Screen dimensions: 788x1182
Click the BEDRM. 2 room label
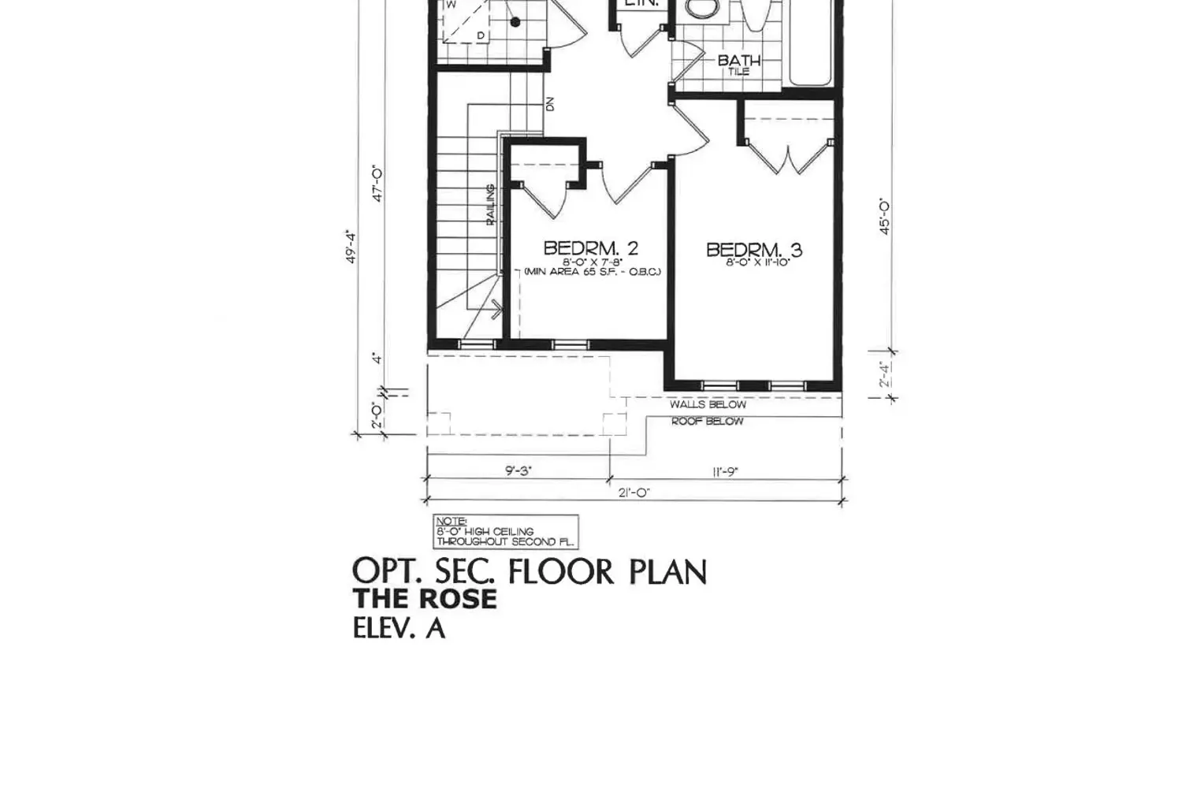pos(590,248)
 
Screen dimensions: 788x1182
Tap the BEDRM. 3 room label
pos(753,250)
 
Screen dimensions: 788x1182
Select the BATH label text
pos(738,61)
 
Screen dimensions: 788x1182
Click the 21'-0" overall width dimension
pos(634,493)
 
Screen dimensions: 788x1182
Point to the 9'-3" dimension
pos(518,471)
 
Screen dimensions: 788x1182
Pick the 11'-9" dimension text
pos(725,472)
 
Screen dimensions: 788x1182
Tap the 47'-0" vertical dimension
pos(377,184)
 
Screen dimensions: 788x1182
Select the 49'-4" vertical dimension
pos(352,246)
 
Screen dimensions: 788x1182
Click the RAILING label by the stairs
pos(490,205)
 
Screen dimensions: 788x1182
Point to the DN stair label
pos(550,103)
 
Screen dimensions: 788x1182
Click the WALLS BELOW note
pos(708,404)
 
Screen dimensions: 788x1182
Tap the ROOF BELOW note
pos(707,422)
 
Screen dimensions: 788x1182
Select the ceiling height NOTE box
pos(505,532)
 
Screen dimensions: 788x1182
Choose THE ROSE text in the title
pos(424,600)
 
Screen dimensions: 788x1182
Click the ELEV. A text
pos(398,629)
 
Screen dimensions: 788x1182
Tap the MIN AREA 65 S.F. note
pos(592,272)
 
